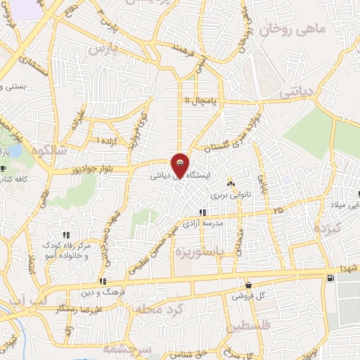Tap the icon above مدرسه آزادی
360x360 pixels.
(x=202, y=212)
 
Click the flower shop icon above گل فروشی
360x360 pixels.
(x=247, y=286)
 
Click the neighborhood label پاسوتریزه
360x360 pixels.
(x=201, y=251)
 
